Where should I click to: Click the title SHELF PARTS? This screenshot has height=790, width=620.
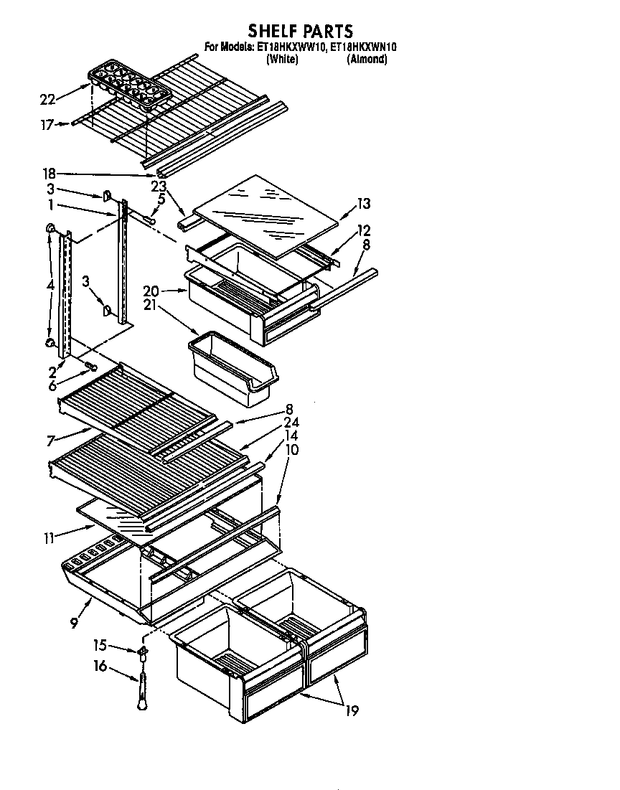(301, 30)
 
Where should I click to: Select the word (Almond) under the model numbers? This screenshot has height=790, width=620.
(367, 60)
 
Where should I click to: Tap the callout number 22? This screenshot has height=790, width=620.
(48, 99)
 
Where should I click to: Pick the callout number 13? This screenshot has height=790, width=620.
(364, 204)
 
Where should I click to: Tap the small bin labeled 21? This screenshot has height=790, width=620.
(233, 367)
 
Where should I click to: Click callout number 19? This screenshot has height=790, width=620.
(351, 711)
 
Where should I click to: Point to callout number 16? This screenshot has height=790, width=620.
(100, 667)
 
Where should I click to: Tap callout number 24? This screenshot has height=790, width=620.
(291, 423)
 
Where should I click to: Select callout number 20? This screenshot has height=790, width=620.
(150, 291)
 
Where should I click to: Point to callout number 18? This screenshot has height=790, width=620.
(50, 174)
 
